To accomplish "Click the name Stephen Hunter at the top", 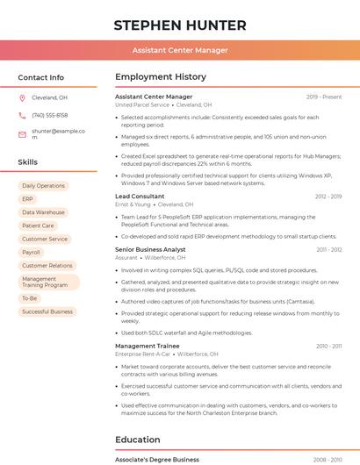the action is coord(180,25).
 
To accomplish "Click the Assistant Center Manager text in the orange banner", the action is coord(180,50).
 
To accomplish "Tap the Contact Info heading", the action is coord(41,77).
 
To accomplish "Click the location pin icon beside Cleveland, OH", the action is coord(23,97).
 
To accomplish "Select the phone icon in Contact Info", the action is coord(23,115).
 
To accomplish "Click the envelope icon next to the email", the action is coord(23,134).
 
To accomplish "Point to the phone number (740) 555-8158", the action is coord(50,115).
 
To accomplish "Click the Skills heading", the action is coord(28,162).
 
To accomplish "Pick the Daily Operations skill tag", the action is coord(43,186).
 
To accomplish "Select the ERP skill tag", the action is coord(28,199).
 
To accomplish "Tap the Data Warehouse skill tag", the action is coord(43,212).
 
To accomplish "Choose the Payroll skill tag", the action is coord(32,252).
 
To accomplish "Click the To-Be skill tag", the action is coord(30,298).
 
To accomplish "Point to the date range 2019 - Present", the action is coord(324,97).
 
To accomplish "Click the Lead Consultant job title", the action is coord(140,197).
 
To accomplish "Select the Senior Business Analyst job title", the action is coord(150,250).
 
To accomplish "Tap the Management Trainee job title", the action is coord(148,346).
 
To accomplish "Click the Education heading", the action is coord(138,440).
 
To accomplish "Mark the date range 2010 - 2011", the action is coord(329,346).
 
